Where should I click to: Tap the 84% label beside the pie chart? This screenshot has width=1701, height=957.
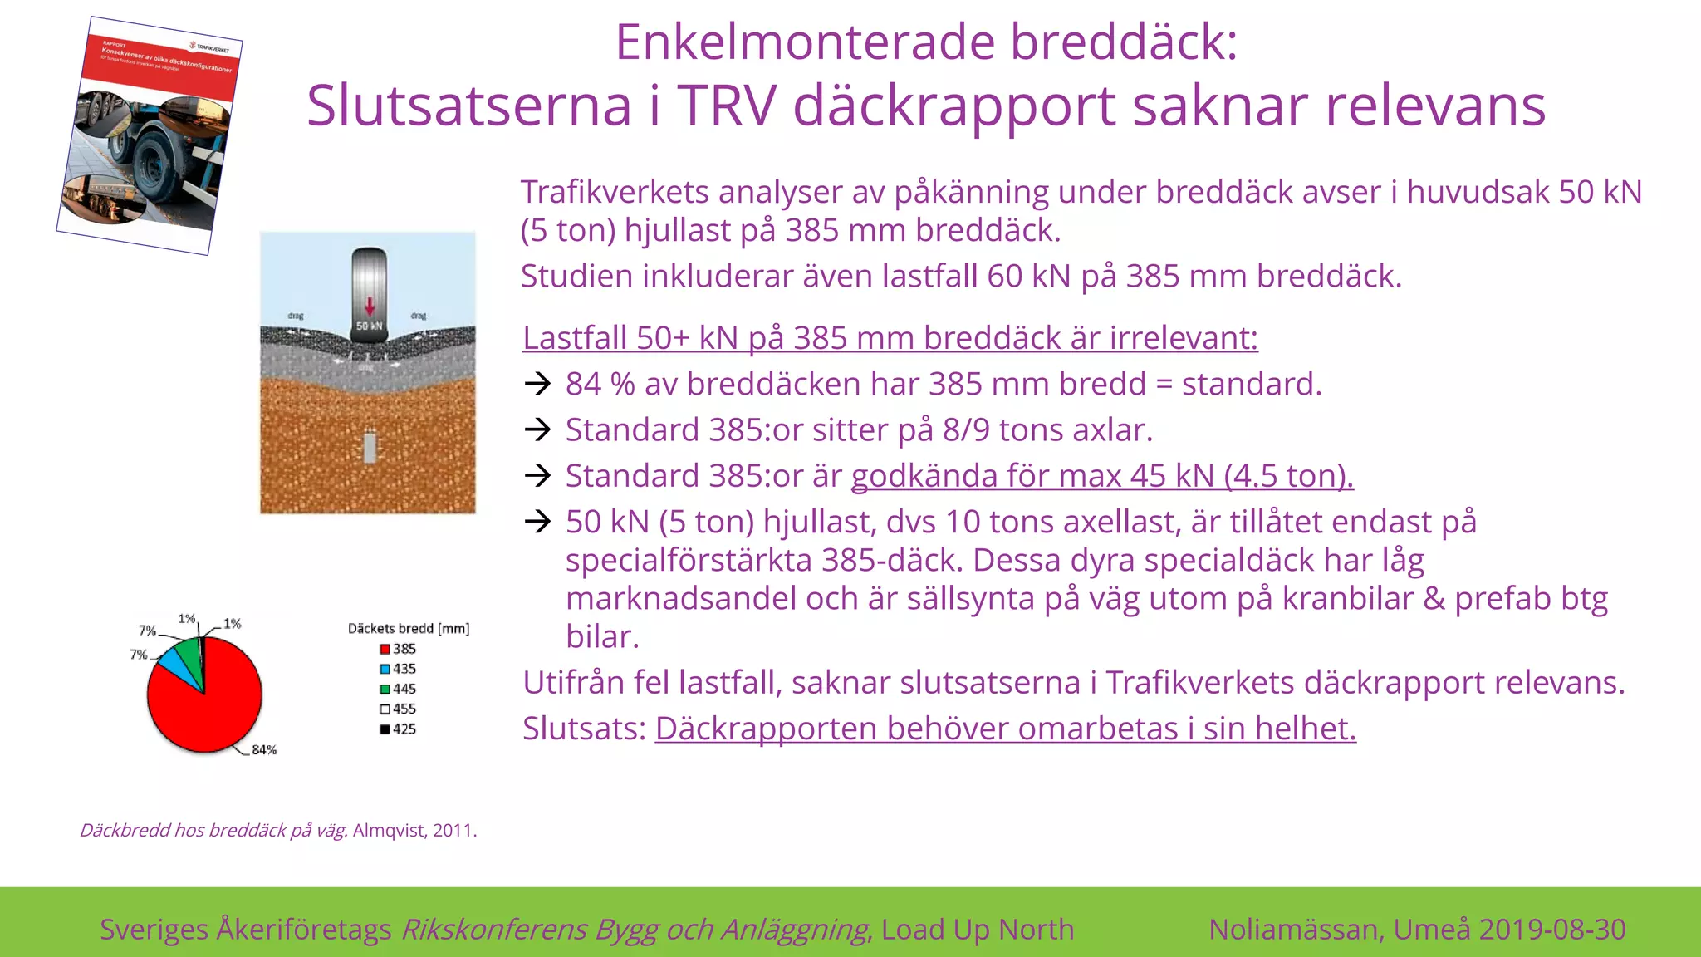tap(264, 749)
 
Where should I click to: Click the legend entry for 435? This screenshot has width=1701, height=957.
tap(398, 669)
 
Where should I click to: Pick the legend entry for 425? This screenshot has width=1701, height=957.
tap(398, 729)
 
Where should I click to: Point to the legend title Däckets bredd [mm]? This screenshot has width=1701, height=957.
tap(408, 629)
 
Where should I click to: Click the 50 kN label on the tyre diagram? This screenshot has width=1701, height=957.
tap(369, 326)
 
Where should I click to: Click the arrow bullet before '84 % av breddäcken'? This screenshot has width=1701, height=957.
tap(538, 384)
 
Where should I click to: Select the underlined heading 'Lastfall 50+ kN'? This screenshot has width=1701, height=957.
tap(890, 338)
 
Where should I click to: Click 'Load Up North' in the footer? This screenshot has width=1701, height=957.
tap(978, 929)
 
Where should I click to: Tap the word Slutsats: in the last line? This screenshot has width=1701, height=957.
tap(584, 729)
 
